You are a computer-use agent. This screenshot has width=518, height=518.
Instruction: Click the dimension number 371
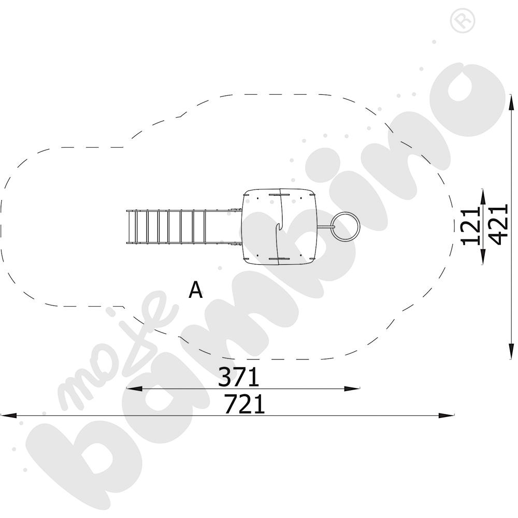(238, 377)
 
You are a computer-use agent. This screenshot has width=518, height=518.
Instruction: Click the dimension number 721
(244, 404)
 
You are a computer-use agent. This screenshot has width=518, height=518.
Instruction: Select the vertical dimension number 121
(471, 227)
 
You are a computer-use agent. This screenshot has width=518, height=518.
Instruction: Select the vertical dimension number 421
(498, 224)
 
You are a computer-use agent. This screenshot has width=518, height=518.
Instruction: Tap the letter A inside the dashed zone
(195, 290)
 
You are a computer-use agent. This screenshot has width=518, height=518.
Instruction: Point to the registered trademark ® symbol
(463, 21)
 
